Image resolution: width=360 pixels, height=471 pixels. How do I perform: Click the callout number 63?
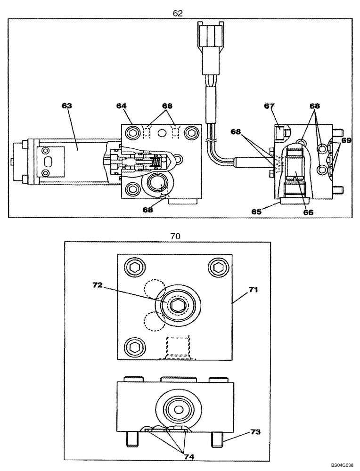coord(67,106)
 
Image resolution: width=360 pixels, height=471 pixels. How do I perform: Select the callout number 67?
coord(269,106)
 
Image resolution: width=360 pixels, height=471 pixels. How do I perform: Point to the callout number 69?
coord(346,141)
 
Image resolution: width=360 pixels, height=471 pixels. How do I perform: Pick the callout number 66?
coord(308,212)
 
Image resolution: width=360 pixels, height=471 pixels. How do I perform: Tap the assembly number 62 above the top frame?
coord(177,14)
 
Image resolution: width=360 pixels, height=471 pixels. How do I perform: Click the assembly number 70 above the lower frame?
coord(175,236)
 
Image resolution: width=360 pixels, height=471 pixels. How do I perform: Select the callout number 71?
coord(253,290)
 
